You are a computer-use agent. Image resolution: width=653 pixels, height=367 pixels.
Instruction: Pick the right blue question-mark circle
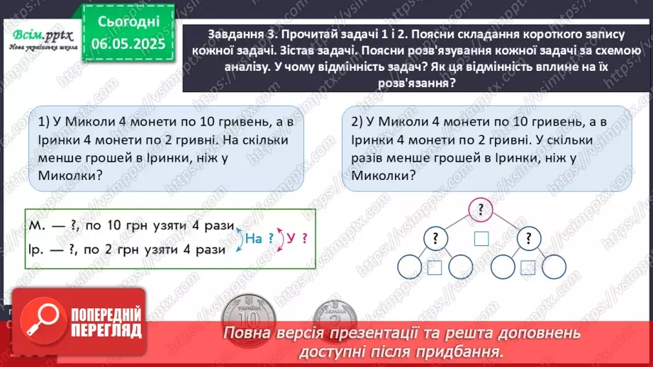click(529, 239)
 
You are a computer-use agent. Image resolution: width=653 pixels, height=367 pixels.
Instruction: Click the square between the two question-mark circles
click(482, 239)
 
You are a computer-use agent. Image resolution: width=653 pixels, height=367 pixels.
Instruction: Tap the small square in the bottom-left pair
click(435, 267)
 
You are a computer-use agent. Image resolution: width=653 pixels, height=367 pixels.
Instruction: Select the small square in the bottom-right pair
click(528, 267)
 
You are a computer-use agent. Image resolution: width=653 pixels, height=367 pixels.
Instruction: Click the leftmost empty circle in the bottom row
click(411, 267)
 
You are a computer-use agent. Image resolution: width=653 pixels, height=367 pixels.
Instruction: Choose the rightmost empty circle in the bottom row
click(553, 267)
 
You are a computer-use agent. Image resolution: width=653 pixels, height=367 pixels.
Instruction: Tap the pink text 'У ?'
click(298, 239)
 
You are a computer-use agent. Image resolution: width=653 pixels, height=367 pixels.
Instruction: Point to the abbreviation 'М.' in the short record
click(37, 225)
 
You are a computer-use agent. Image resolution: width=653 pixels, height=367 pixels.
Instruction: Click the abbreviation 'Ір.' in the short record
click(38, 249)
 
